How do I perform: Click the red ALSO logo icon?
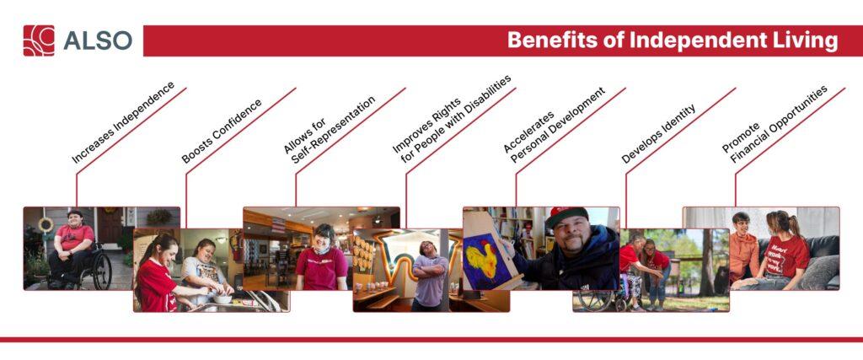(39, 40)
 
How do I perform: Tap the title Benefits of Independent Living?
(672, 40)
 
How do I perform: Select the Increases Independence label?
(123, 122)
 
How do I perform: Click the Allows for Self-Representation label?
(330, 126)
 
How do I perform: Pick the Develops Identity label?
(658, 134)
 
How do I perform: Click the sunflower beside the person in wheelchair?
(46, 225)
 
